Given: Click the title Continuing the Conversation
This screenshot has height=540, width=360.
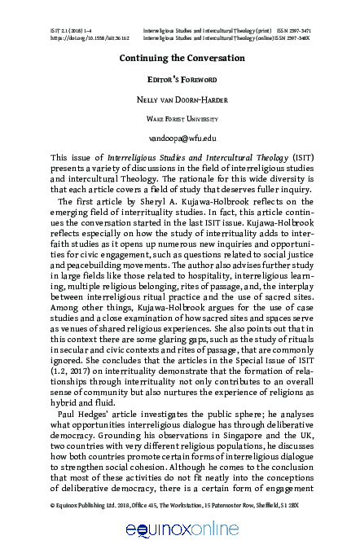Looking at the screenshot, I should pyautogui.click(x=181, y=59).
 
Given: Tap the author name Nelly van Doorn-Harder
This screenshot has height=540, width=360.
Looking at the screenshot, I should pyautogui.click(x=181, y=99).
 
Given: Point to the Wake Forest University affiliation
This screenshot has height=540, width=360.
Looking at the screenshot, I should pyautogui.click(x=181, y=119).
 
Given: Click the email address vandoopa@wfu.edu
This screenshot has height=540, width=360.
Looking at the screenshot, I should pyautogui.click(x=181, y=138).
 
